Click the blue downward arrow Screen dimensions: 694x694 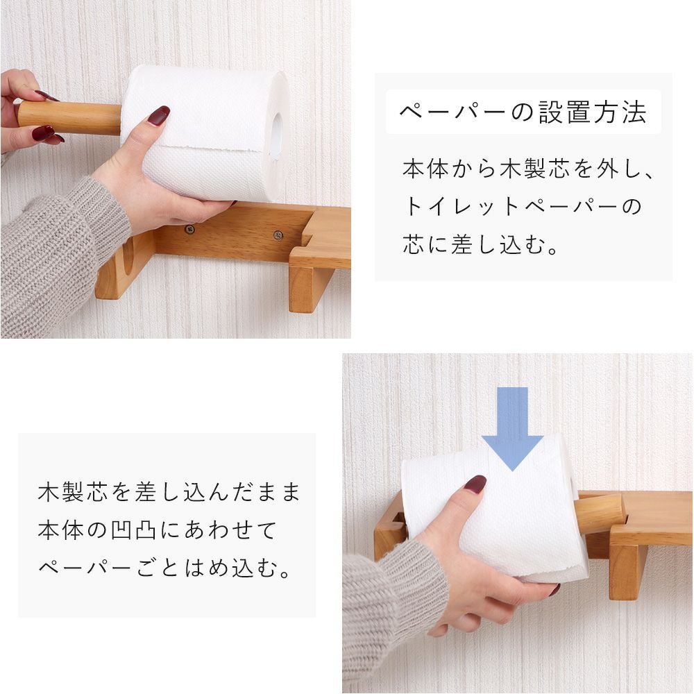[x=512, y=428]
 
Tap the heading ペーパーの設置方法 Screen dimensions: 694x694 [x=523, y=112]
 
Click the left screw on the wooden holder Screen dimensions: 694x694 [x=190, y=229]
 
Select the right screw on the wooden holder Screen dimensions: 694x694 [x=278, y=235]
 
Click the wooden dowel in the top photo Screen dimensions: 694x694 [x=70, y=117]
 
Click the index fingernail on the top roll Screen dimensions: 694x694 [x=159, y=115]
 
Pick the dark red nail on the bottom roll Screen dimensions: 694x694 [x=475, y=485]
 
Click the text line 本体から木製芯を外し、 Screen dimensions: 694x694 [x=527, y=169]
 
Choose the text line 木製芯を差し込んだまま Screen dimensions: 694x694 [x=169, y=492]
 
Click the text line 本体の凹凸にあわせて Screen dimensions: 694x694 [x=157, y=530]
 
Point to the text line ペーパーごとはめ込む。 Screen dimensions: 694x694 [x=164, y=568]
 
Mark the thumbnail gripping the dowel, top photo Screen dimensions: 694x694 [x=44, y=133]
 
